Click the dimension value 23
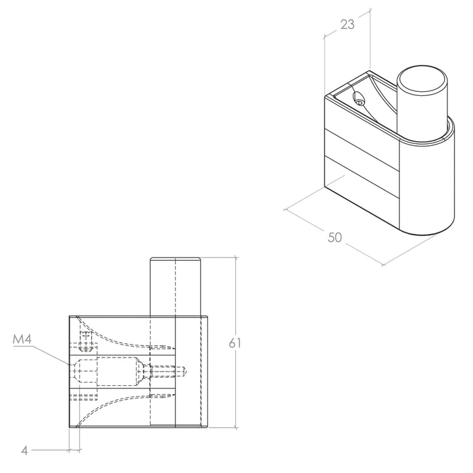[347, 24]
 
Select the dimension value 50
[335, 237]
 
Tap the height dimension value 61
[234, 343]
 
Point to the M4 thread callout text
[22, 340]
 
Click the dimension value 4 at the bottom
[25, 451]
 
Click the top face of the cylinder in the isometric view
[422, 83]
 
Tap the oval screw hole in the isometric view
[359, 99]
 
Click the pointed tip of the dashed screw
[186, 372]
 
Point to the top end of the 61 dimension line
[236, 257]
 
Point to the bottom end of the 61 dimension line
[236, 428]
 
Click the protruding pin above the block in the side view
[175, 287]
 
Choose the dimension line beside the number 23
[347, 24]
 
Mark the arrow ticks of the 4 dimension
[74, 451]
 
